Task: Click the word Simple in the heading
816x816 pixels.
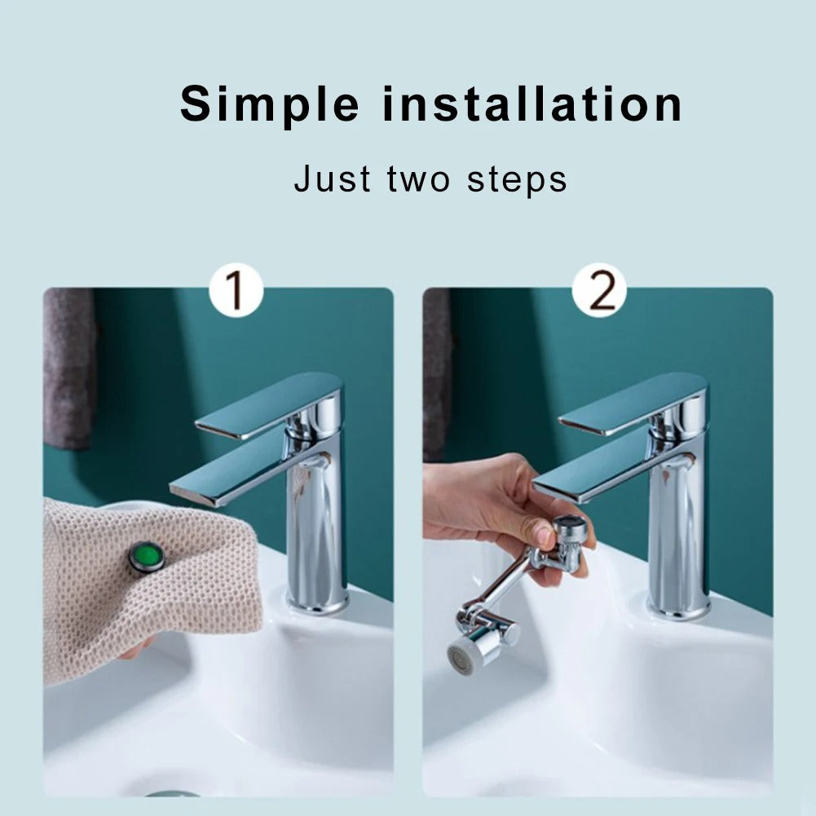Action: (269, 105)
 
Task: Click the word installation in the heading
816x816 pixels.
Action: (533, 105)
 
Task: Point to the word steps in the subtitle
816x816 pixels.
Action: (517, 179)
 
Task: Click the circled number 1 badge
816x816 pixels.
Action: (236, 292)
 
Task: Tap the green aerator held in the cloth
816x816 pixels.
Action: (148, 557)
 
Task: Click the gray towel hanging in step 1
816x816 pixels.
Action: (68, 367)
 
